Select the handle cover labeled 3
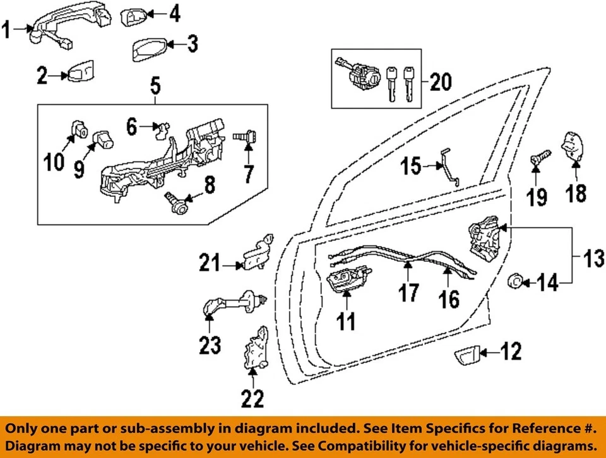150,49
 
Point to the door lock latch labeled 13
484,241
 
